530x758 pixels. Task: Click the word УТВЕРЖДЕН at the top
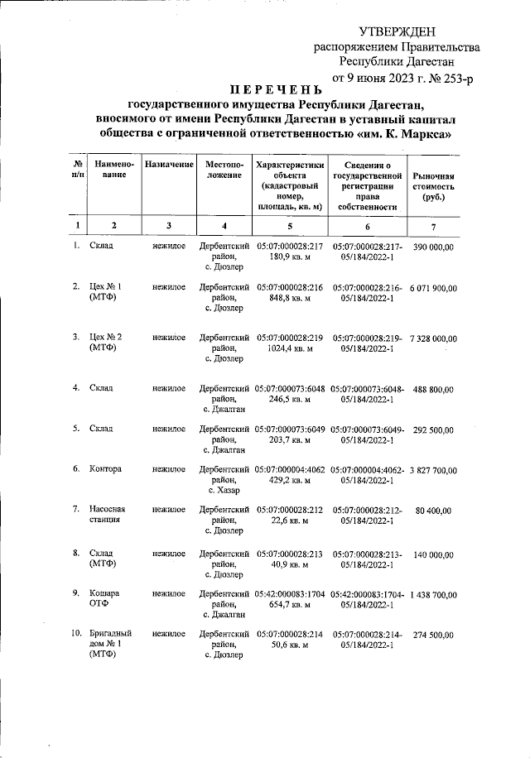396,31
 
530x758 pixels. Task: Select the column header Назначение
169,166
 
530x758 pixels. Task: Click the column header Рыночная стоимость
434,188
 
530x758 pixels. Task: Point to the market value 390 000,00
433,247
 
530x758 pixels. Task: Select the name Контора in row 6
106,469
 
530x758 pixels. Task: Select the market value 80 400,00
433,511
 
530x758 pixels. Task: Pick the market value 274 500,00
433,635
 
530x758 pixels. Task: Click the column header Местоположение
224,170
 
